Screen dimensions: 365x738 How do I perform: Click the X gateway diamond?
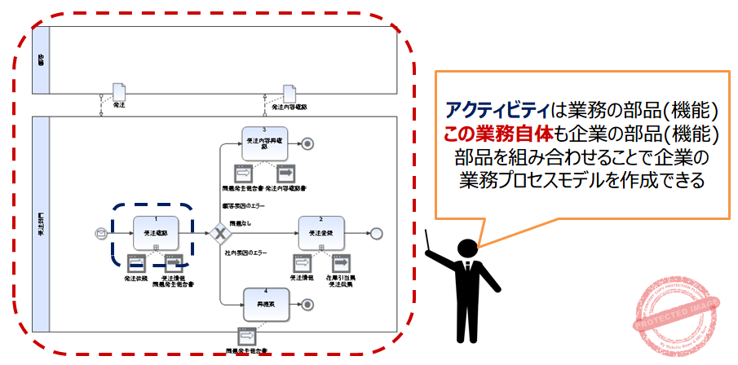(219, 234)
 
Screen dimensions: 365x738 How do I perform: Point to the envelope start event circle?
(102, 234)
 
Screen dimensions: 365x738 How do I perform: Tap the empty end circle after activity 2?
(376, 234)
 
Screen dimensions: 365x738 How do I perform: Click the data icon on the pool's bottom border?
(246, 335)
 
